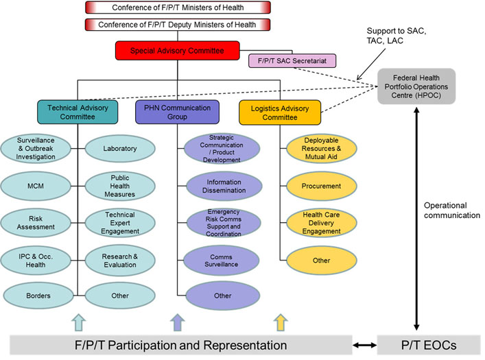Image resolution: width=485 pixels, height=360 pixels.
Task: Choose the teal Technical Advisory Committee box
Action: [x=77, y=111]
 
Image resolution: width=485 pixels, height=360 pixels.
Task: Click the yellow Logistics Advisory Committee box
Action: [x=280, y=111]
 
